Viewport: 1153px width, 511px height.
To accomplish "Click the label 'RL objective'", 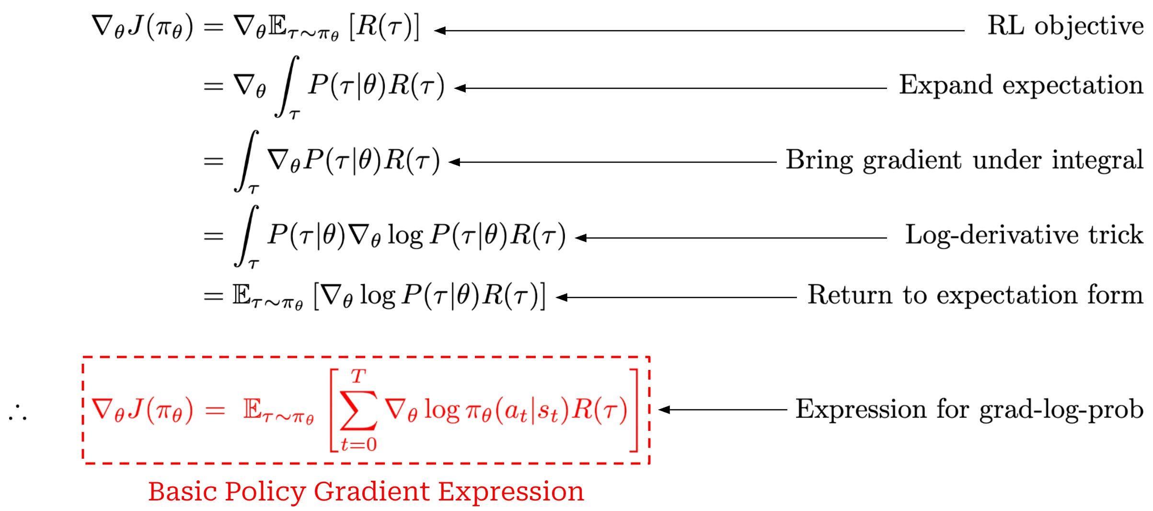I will tap(1065, 26).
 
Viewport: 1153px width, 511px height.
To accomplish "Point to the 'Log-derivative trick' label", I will tap(1024, 235).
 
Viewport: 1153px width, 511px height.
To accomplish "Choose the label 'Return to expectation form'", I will tap(975, 295).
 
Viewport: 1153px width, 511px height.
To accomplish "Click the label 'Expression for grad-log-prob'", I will tap(969, 409).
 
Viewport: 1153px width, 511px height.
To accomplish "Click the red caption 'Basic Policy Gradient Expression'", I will tap(366, 491).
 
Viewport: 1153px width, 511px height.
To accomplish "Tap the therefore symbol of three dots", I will tap(18, 413).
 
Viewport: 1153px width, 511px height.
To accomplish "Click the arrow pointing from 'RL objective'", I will tap(700, 31).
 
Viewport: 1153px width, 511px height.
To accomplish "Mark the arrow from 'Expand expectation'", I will tap(671, 88).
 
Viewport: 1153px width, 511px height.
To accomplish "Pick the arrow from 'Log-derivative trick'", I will tap(731, 238).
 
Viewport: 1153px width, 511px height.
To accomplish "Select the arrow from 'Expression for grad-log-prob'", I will tap(723, 410).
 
